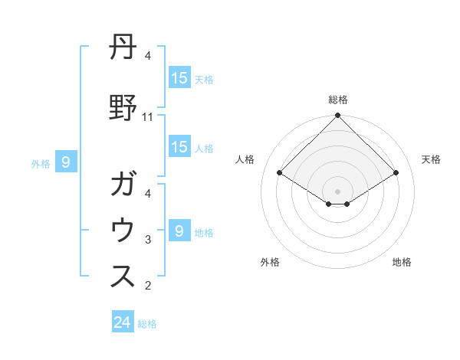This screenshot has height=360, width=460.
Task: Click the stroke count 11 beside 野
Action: click(x=148, y=117)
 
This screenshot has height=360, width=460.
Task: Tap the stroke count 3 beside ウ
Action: click(x=148, y=240)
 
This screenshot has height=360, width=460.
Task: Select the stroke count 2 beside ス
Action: click(x=148, y=286)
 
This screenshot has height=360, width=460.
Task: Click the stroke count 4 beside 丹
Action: click(x=148, y=56)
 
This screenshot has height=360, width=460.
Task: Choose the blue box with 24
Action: click(x=123, y=322)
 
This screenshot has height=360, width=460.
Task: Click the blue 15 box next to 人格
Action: click(x=179, y=148)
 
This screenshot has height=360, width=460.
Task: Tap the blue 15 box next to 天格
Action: click(x=179, y=77)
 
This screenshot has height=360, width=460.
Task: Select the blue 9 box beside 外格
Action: click(x=66, y=162)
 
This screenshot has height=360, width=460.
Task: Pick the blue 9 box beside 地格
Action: click(x=179, y=231)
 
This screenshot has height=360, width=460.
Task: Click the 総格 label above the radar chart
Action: click(x=337, y=100)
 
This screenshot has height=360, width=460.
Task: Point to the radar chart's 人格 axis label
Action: click(x=245, y=159)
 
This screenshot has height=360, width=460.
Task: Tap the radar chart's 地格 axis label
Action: click(x=402, y=262)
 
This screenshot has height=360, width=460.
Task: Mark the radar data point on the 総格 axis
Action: click(x=337, y=116)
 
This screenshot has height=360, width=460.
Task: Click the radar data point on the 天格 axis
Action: click(x=396, y=173)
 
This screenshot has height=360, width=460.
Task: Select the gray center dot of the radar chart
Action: click(x=337, y=191)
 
